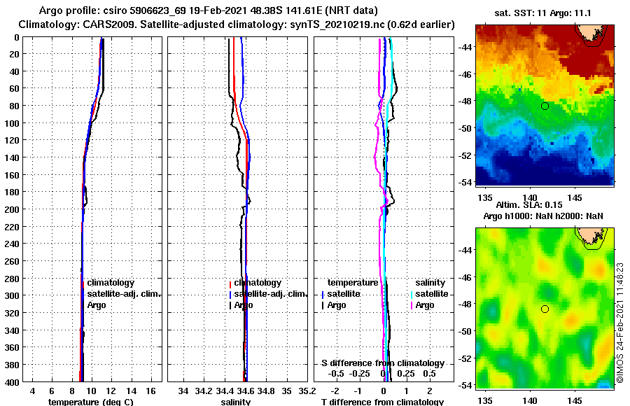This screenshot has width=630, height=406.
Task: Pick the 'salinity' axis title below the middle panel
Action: tap(236, 402)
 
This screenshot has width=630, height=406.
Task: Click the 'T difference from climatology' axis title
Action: tap(382, 402)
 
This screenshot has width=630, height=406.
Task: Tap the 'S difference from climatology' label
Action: tap(382, 363)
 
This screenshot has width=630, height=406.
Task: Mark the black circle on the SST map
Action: tap(545, 106)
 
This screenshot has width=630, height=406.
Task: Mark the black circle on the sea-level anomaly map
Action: tap(545, 309)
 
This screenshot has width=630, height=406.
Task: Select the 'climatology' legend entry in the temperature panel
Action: tap(111, 282)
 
